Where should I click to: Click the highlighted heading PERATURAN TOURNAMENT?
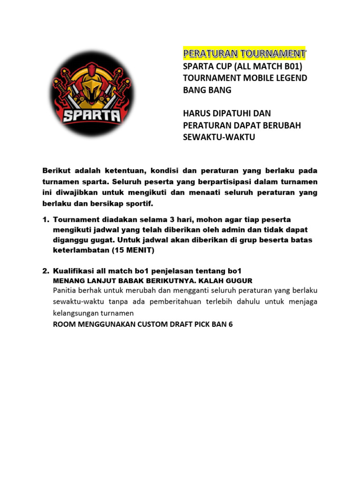coord(244,52)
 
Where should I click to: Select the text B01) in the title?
coord(294,66)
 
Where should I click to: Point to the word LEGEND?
coord(291,78)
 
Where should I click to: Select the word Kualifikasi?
coord(75,271)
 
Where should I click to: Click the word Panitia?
coord(67,291)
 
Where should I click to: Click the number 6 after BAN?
coord(230,324)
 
